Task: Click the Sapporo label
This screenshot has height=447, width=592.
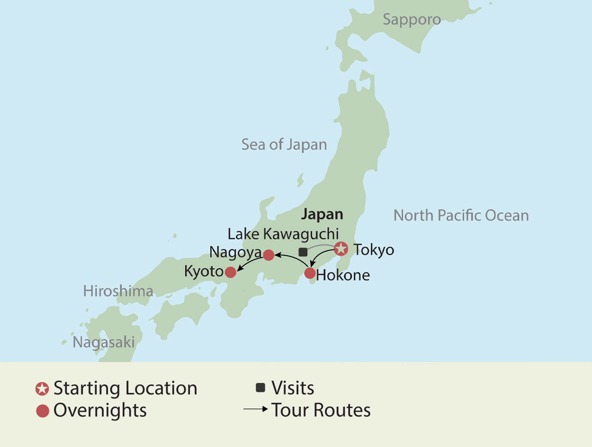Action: pyautogui.click(x=412, y=19)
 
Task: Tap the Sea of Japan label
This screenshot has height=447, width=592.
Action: pyautogui.click(x=284, y=144)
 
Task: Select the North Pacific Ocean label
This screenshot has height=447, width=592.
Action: pyautogui.click(x=461, y=215)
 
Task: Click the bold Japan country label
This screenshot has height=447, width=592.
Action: pyautogui.click(x=322, y=214)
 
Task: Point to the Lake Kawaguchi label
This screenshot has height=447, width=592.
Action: pyautogui.click(x=283, y=234)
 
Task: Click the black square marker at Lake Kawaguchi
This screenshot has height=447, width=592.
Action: pyautogui.click(x=303, y=252)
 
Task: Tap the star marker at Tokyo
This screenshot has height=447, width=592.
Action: pyautogui.click(x=341, y=249)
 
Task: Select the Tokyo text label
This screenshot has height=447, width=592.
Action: pyautogui.click(x=374, y=250)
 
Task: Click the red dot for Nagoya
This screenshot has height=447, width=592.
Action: pyautogui.click(x=269, y=255)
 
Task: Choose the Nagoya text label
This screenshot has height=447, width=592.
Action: pyautogui.click(x=235, y=251)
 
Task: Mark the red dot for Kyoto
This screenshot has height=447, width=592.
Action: pyautogui.click(x=231, y=272)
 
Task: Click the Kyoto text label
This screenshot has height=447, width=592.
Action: pyautogui.click(x=204, y=272)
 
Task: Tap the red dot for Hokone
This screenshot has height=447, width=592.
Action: pyautogui.click(x=310, y=273)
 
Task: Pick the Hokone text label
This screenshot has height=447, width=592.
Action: pyautogui.click(x=343, y=275)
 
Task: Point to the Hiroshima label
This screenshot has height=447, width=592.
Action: pyautogui.click(x=118, y=291)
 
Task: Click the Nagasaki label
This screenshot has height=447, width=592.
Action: pyautogui.click(x=104, y=342)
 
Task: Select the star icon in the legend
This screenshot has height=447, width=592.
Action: pyautogui.click(x=43, y=389)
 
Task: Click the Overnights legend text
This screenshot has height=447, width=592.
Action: pyautogui.click(x=100, y=410)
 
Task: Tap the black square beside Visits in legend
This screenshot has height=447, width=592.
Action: pyautogui.click(x=260, y=388)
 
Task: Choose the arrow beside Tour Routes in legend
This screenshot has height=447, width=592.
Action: pyautogui.click(x=256, y=410)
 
